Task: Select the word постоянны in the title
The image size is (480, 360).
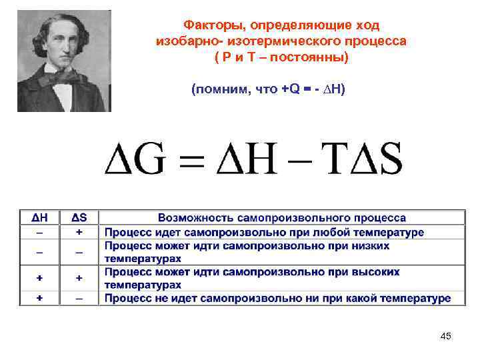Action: click(311, 57)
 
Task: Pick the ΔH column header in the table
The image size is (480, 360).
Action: click(39, 218)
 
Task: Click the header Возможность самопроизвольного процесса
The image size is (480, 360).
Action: click(282, 218)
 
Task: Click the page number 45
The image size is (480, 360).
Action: click(446, 336)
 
